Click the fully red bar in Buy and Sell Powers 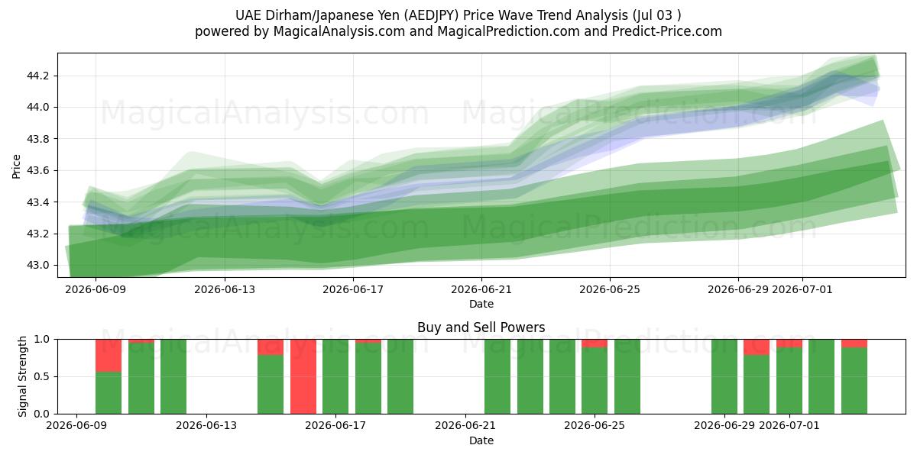click(x=303, y=376)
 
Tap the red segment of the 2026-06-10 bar click(x=109, y=356)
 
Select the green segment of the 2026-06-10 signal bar click(x=109, y=393)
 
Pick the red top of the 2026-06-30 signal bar click(x=757, y=347)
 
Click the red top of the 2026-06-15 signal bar click(x=271, y=347)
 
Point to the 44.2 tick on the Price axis click(x=37, y=76)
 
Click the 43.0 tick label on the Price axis click(x=37, y=266)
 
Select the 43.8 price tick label click(x=37, y=139)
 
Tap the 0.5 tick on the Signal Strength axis click(x=41, y=376)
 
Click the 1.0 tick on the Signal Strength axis click(x=41, y=340)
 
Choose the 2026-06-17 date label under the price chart click(x=353, y=289)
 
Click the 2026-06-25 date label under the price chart click(x=610, y=289)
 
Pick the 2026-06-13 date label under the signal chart click(x=206, y=425)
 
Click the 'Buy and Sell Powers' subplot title click(x=481, y=327)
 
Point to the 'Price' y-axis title click(x=16, y=167)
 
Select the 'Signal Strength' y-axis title click(x=22, y=376)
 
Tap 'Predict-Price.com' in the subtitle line click(x=667, y=31)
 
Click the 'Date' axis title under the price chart click(x=481, y=304)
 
